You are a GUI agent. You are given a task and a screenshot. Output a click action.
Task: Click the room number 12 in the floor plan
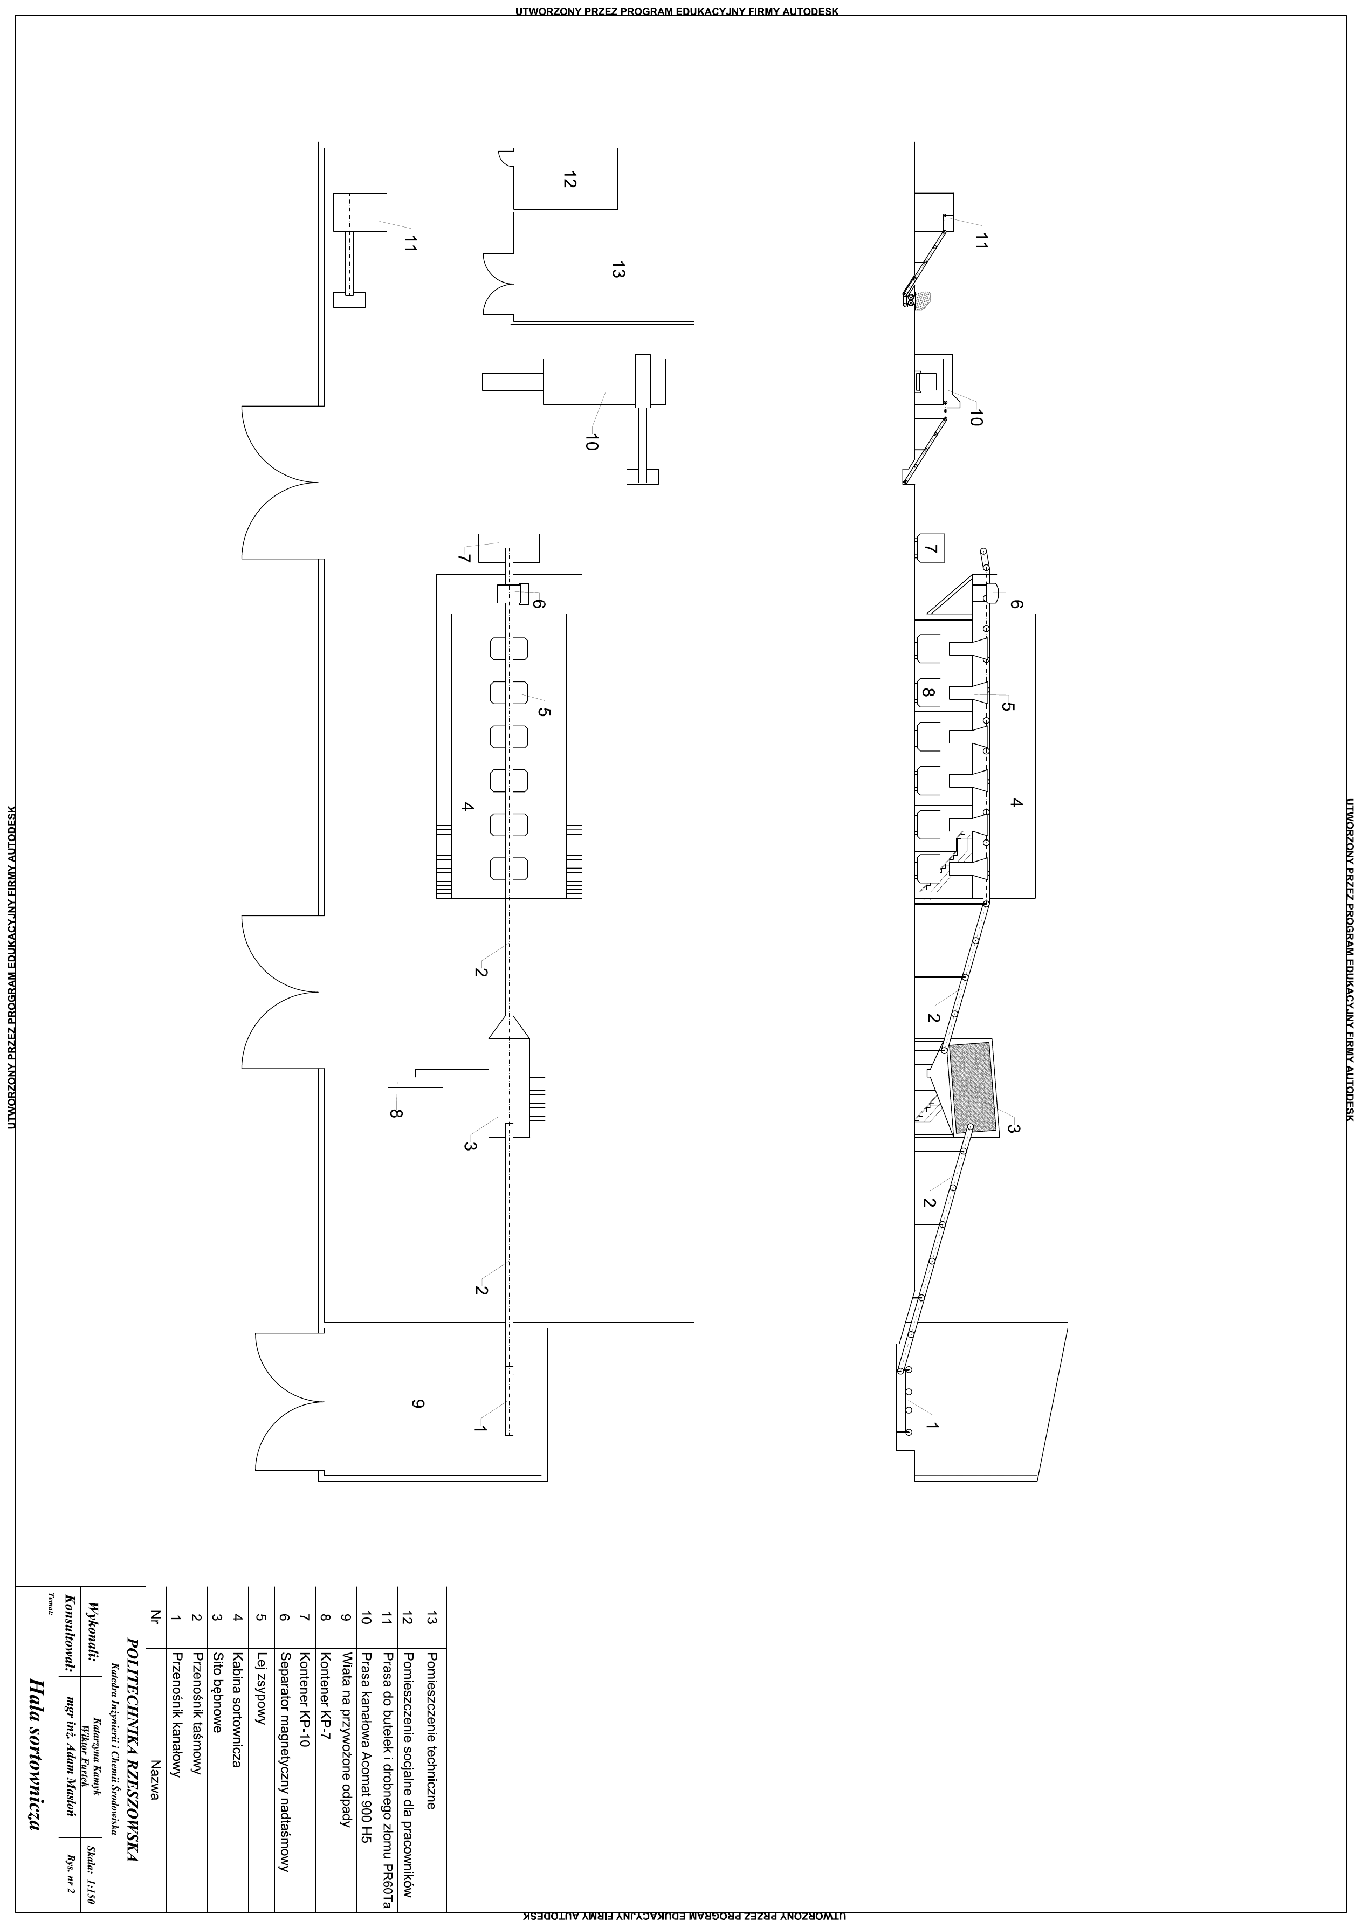[570, 180]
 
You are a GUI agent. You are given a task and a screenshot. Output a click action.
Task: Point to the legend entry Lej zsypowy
[261, 1688]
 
